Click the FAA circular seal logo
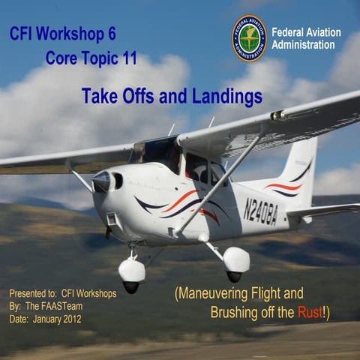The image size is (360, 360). pyautogui.click(x=249, y=37)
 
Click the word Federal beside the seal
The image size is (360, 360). pyautogui.click(x=289, y=32)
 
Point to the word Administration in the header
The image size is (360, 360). pyautogui.click(x=303, y=45)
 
